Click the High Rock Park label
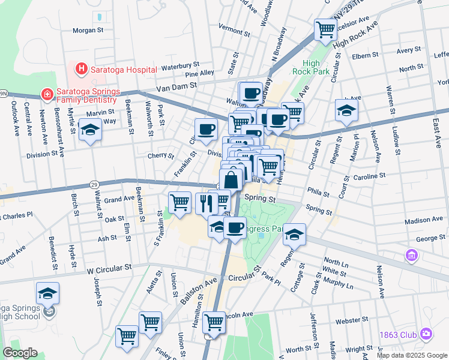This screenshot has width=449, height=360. tap(311, 67)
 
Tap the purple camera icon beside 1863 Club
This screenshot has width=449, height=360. tap(426, 333)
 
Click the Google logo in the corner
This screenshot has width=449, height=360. tap(19, 353)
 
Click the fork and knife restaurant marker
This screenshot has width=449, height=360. tap(206, 202)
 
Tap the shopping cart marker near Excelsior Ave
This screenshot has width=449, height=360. tap(325, 29)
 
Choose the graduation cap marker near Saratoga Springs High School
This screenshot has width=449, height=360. tap(47, 293)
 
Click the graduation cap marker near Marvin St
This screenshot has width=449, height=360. tap(90, 130)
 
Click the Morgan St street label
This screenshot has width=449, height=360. tap(88, 29)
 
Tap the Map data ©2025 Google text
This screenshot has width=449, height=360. tap(412, 355)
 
